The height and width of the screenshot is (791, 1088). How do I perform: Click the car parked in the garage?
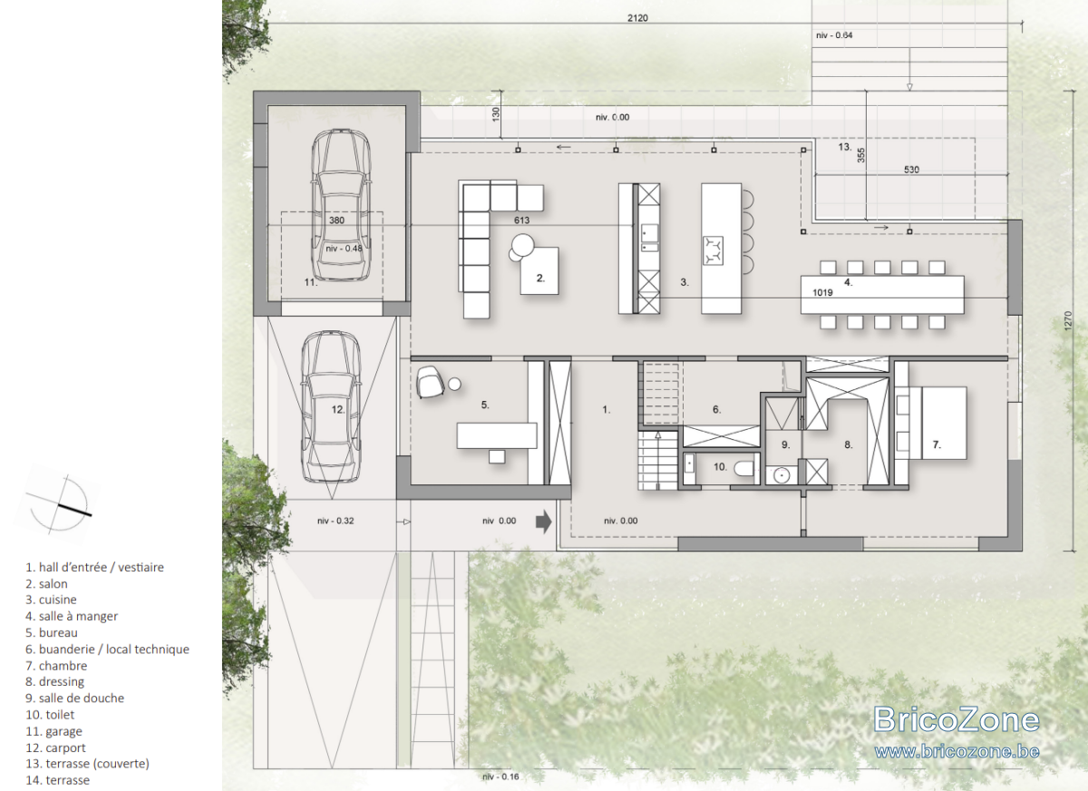pyautogui.click(x=341, y=204)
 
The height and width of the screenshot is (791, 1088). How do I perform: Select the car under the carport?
pyautogui.click(x=331, y=406)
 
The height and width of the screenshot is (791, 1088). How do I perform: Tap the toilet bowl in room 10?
pyautogui.click(x=743, y=468)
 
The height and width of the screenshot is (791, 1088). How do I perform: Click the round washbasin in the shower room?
pyautogui.click(x=781, y=474)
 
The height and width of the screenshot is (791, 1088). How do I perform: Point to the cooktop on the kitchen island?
pyautogui.click(x=713, y=250)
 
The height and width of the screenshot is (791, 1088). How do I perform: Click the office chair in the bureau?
pyautogui.click(x=430, y=383)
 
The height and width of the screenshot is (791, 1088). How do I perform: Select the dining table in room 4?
pyautogui.click(x=882, y=295)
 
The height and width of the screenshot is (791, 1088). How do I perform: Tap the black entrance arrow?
pyautogui.click(x=543, y=522)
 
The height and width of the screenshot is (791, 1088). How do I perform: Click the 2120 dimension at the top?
pyautogui.click(x=637, y=18)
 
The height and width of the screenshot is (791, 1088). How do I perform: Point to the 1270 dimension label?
pyautogui.click(x=1068, y=321)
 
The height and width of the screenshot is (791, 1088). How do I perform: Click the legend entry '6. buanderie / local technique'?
pyautogui.click(x=107, y=649)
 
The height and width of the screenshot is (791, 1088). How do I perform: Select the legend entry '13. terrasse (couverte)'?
pyautogui.click(x=87, y=764)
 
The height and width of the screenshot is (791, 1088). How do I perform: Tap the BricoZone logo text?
pyautogui.click(x=957, y=719)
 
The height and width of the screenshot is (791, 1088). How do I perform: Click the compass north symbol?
pyautogui.click(x=59, y=504)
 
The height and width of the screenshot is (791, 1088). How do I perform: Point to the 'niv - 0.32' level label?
pyautogui.click(x=335, y=521)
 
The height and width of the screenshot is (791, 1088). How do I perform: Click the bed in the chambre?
pyautogui.click(x=931, y=423)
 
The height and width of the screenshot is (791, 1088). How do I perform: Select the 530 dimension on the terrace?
pyautogui.click(x=911, y=170)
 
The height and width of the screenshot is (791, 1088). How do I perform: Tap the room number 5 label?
pyautogui.click(x=485, y=405)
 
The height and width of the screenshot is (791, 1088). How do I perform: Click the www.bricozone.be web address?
pyautogui.click(x=957, y=752)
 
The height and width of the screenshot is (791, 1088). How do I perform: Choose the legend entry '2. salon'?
pyautogui.click(x=46, y=583)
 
